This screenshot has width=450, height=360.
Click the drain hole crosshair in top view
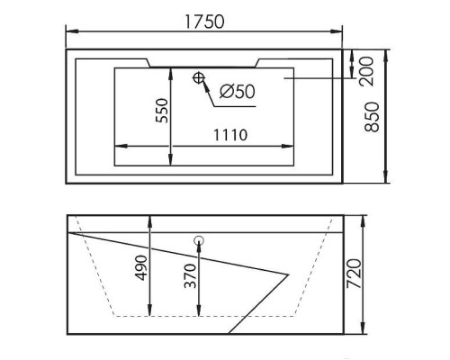click(x=198, y=79)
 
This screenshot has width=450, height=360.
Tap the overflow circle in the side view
click(x=198, y=240)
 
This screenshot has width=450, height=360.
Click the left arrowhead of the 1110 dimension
click(x=117, y=147)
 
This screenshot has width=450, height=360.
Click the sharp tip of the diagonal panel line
click(x=291, y=271)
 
